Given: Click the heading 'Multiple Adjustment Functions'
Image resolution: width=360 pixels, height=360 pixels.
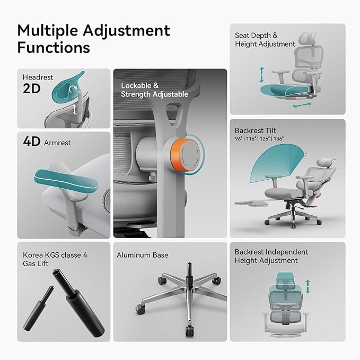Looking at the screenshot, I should (93, 38).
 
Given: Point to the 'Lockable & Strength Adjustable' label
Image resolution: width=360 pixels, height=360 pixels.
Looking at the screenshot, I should (154, 90).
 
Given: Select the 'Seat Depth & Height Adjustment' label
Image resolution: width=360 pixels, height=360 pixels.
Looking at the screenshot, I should (265, 40).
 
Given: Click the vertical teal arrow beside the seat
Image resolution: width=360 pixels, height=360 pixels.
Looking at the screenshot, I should (261, 75).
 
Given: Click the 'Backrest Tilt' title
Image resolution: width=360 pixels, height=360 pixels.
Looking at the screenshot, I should (256, 130).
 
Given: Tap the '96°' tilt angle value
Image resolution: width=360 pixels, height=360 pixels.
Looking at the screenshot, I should (239, 139).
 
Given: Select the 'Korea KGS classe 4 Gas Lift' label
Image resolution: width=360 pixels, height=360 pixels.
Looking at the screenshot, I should (55, 259).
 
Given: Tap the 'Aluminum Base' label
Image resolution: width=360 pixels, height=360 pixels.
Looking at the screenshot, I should (143, 255).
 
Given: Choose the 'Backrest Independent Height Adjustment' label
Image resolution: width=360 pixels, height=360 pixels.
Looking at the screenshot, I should (271, 256).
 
